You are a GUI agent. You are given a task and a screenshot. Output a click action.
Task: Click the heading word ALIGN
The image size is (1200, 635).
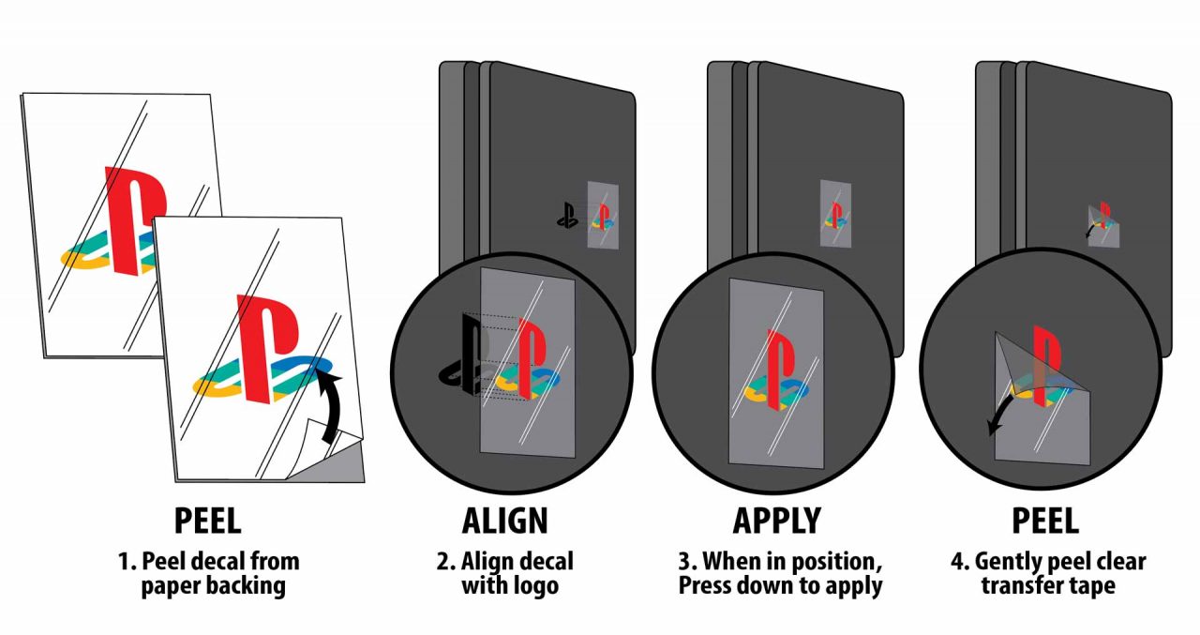(504, 520)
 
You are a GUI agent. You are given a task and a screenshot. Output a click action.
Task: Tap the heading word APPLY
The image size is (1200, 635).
(776, 520)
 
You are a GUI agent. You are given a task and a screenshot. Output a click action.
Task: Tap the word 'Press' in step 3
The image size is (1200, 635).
(715, 587)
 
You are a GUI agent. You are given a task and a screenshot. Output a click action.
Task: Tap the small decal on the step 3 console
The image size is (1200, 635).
(835, 214)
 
